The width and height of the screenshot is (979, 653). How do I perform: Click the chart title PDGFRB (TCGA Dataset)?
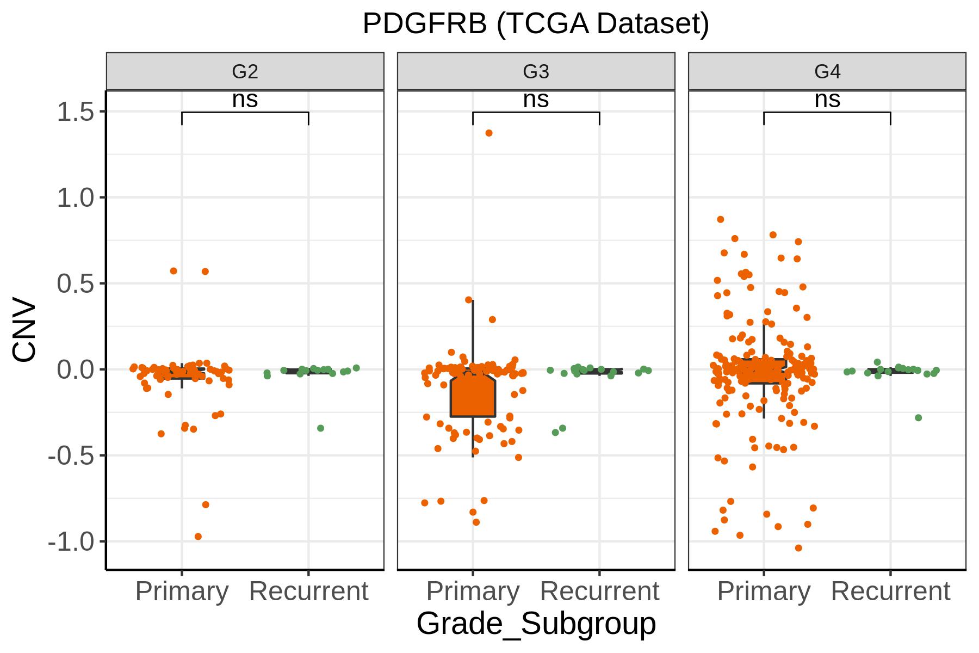[x=536, y=24]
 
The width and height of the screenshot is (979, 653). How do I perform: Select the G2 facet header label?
[x=245, y=71]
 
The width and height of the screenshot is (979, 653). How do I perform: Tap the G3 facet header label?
[x=536, y=71]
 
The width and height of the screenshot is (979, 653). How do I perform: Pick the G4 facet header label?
[x=827, y=71]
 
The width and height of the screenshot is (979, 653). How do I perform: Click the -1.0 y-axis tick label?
[x=72, y=541]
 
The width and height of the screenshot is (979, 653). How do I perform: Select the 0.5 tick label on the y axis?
[x=76, y=284]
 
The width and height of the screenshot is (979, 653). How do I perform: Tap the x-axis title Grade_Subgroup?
[x=536, y=624]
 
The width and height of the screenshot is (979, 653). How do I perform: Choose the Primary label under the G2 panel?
[x=182, y=592]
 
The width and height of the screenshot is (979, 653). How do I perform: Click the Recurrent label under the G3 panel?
[x=599, y=591]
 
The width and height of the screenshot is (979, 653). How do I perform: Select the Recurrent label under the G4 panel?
[x=890, y=591]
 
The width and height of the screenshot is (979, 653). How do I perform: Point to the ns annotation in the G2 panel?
[x=245, y=100]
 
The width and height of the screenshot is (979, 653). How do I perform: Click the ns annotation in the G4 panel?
[x=827, y=100]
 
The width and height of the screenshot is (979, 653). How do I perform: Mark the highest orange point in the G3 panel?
[x=489, y=133]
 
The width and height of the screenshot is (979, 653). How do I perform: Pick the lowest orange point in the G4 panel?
[x=798, y=548]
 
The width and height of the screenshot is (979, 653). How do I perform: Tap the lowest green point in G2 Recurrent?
[x=320, y=428]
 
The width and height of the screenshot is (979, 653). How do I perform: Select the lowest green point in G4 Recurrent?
[x=918, y=418]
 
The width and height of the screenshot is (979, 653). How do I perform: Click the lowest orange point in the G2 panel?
[x=198, y=537]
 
